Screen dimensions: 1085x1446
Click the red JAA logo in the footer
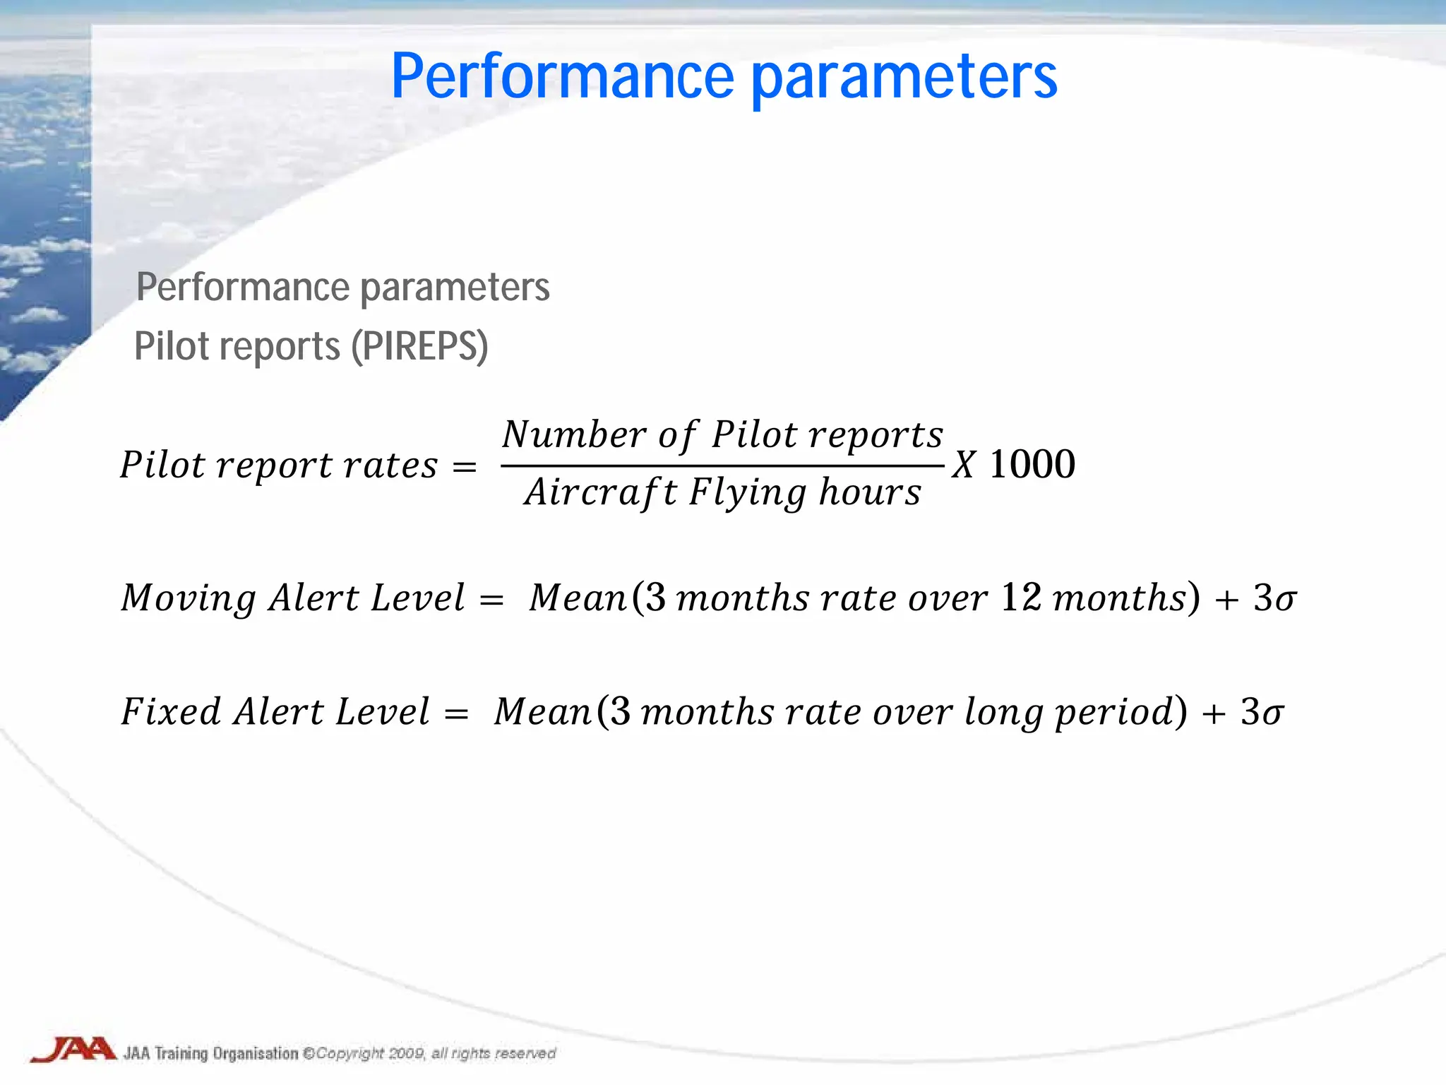click(x=73, y=1050)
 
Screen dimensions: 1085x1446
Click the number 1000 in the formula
click(x=1032, y=465)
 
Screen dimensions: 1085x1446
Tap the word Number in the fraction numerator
click(x=574, y=434)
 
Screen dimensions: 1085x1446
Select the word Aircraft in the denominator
click(x=601, y=492)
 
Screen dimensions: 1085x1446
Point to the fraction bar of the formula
click(x=722, y=466)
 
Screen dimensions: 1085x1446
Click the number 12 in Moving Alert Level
click(x=1021, y=598)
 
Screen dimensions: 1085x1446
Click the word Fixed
click(x=171, y=711)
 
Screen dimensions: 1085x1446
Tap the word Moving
click(x=188, y=599)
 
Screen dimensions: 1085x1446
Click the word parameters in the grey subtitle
click(x=455, y=287)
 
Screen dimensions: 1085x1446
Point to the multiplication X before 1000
click(x=964, y=466)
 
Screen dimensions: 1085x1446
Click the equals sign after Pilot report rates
click(x=464, y=467)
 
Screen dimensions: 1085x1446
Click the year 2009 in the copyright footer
click(x=406, y=1053)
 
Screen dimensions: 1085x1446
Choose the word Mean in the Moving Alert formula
click(x=578, y=598)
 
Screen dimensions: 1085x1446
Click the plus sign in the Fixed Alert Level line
click(x=1214, y=713)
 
